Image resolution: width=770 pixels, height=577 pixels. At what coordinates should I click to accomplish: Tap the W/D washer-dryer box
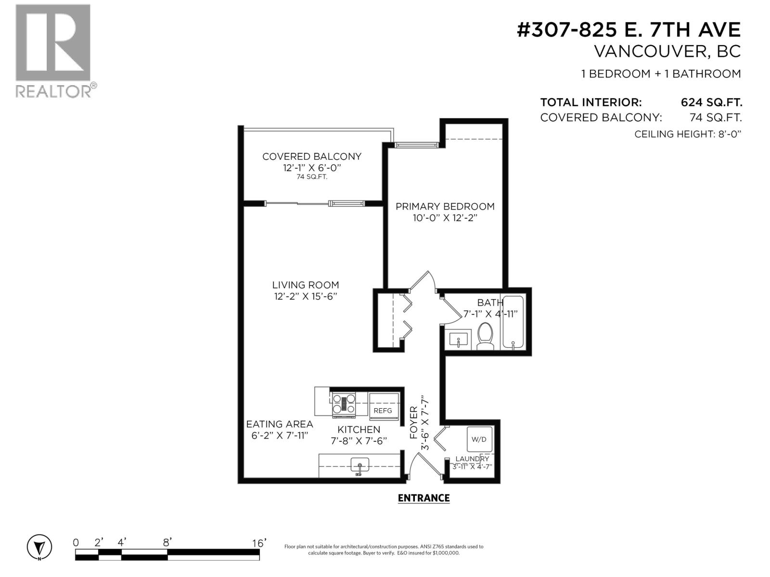coord(479,439)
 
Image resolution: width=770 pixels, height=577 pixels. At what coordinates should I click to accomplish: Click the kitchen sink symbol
coord(359,466)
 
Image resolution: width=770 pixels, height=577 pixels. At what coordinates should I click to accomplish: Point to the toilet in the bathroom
coord(485,336)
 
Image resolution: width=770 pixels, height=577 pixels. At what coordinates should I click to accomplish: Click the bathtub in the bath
coord(513,322)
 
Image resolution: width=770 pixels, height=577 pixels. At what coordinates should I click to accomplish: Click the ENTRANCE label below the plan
coord(423,498)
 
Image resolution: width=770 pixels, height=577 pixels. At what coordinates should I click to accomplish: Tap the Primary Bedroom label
coord(445,206)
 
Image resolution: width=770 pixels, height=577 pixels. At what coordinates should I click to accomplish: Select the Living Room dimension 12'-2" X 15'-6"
coord(305,297)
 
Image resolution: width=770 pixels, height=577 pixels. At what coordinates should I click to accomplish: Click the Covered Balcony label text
coord(311,156)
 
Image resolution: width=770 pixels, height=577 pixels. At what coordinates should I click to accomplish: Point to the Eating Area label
coord(279,424)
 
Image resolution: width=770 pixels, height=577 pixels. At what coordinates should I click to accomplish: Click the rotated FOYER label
coord(413,423)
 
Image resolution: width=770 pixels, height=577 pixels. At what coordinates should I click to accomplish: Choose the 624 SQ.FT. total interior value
coord(711,102)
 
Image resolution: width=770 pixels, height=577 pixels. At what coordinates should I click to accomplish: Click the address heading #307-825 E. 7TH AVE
coord(628,30)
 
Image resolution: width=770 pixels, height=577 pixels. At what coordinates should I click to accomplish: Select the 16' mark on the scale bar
coord(259,543)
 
